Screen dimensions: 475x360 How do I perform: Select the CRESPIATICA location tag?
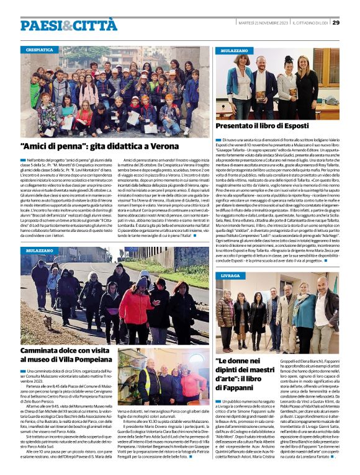pyautogui.click(x=39, y=49)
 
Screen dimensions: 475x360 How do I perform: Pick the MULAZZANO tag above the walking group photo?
pyautogui.click(x=40, y=250)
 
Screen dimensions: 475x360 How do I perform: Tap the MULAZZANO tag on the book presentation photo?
pyautogui.click(x=233, y=49)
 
